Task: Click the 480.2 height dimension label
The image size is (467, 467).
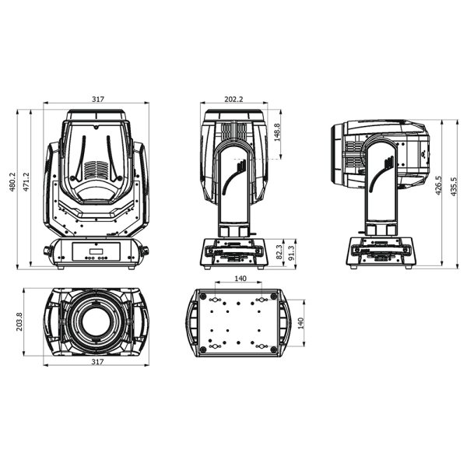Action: click(12, 181)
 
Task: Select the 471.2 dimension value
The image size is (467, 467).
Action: click(26, 181)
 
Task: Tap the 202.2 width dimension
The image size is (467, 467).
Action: click(233, 99)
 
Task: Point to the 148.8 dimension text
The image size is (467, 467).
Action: click(276, 132)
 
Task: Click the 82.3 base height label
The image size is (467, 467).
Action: click(279, 251)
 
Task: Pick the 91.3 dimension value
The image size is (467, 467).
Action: click(292, 253)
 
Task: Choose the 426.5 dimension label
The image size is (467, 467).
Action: click(438, 185)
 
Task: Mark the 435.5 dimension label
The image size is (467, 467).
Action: click(453, 187)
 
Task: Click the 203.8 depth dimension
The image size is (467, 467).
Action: click(19, 321)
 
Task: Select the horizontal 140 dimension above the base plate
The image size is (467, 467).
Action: click(241, 278)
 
